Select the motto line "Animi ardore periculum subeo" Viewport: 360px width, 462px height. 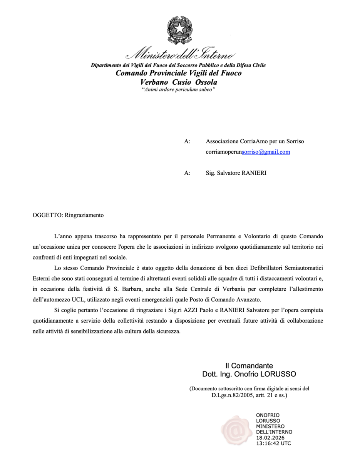pyautogui.click(x=178, y=89)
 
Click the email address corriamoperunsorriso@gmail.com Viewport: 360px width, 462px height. pyautogui.click(x=248, y=152)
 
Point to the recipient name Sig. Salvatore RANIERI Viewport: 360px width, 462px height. pyautogui.click(x=236, y=173)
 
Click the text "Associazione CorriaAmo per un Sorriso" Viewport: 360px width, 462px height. pyautogui.click(x=255, y=141)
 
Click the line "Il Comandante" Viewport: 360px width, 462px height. pyautogui.click(x=249, y=366)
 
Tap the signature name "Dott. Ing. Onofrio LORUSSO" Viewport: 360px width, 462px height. pyautogui.click(x=249, y=374)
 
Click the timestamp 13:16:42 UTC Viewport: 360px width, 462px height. pyautogui.click(x=273, y=444)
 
